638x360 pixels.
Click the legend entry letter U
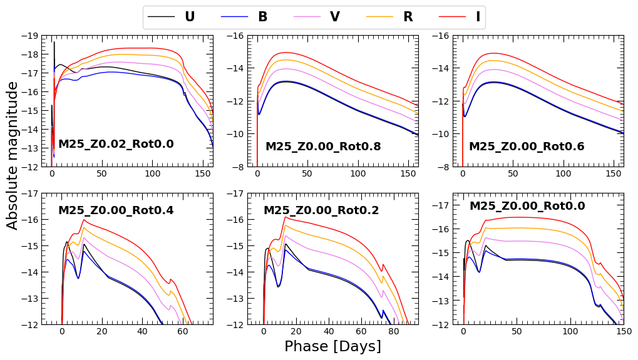[189, 17]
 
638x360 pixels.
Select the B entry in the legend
[262, 17]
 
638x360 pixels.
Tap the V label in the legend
[335, 17]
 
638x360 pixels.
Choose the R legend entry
[408, 17]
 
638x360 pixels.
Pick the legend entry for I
[478, 17]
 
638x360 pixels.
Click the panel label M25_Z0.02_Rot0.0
[116, 145]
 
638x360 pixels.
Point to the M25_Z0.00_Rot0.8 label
[323, 147]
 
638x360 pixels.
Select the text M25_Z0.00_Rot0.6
[527, 147]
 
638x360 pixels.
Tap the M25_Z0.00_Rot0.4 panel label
[116, 210]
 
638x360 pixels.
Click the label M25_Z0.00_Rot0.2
[321, 210]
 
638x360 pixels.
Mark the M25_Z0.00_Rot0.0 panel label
[527, 206]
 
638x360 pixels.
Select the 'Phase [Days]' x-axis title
[332, 346]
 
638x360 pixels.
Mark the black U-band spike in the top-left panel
[54, 43]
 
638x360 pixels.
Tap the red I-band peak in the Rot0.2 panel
[286, 217]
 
